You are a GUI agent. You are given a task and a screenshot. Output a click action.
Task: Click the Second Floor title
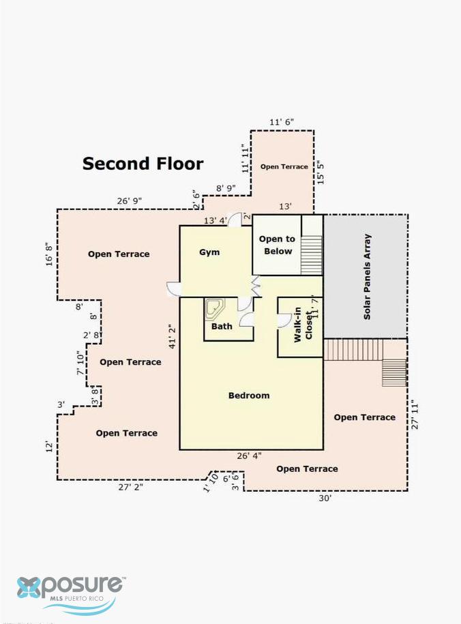[x=143, y=164]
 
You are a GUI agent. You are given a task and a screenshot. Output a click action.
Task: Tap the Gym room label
[x=209, y=252]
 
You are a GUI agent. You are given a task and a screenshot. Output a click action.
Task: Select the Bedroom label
[x=249, y=395]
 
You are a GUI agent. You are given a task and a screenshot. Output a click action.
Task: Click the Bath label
[x=222, y=327]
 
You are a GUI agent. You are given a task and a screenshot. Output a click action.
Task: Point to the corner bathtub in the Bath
[x=215, y=309]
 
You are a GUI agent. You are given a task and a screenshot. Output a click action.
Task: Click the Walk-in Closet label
[x=303, y=325]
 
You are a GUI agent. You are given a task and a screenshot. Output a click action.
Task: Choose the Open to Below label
[x=278, y=245]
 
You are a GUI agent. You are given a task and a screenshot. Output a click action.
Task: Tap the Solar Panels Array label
[x=367, y=277]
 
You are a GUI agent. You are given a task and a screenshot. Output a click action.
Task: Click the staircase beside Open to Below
[x=312, y=254]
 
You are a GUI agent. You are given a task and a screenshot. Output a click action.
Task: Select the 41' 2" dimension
[x=173, y=337]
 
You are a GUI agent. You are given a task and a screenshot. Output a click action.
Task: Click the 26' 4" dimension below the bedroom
[x=249, y=456]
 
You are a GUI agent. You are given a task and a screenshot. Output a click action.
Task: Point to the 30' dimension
[x=325, y=498]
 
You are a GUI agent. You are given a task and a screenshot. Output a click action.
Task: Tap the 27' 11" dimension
[x=415, y=415]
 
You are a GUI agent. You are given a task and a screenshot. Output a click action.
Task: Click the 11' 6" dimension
[x=282, y=122]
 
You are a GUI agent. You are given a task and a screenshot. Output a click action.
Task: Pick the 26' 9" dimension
[x=130, y=201]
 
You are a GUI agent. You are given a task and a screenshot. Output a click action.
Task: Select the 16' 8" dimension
[x=49, y=254]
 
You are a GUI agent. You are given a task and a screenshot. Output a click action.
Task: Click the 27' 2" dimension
[x=130, y=487]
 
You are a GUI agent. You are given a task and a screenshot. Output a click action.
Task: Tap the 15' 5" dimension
[x=321, y=173]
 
